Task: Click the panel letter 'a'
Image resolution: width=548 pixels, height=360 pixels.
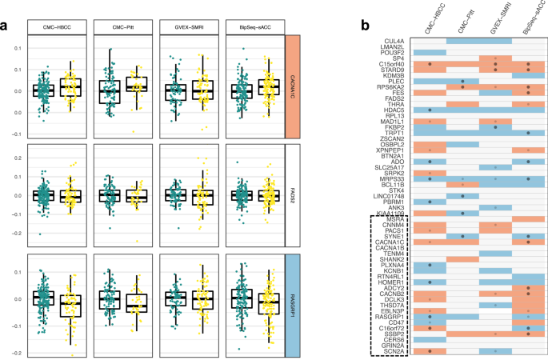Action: (x=6, y=25)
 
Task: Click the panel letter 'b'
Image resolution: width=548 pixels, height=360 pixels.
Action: (x=365, y=25)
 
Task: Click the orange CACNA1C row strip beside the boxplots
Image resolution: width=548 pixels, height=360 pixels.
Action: (x=292, y=78)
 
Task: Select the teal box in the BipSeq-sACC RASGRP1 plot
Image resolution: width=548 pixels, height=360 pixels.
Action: (x=238, y=298)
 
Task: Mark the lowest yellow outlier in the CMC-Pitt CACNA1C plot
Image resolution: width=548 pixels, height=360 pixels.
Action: (x=134, y=131)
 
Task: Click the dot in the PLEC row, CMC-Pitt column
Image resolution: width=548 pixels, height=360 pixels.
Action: (x=464, y=81)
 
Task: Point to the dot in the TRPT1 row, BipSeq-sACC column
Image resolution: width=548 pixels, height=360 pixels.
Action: (x=530, y=133)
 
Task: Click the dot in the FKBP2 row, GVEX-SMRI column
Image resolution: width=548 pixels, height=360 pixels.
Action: (x=497, y=126)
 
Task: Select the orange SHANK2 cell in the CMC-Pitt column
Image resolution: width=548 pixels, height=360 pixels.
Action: (x=464, y=259)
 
